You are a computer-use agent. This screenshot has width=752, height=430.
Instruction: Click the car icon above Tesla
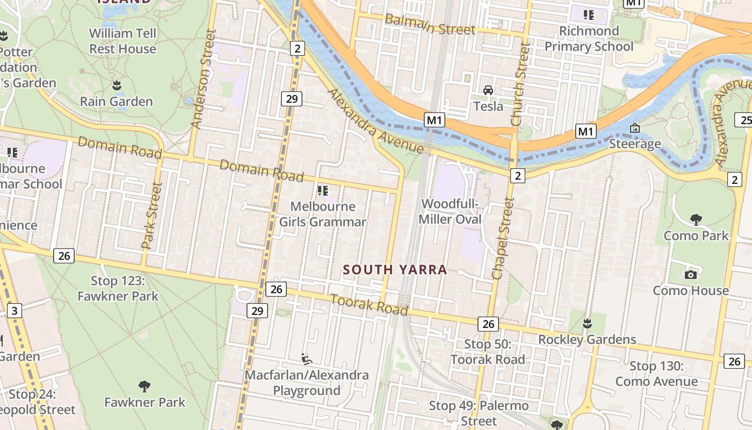488,90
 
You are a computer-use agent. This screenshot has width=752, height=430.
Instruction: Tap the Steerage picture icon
634,128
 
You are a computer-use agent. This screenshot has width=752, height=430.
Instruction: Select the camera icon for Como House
691,275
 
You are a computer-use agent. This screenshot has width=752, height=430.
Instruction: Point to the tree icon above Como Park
696,219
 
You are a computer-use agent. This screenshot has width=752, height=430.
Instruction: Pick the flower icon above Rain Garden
116,85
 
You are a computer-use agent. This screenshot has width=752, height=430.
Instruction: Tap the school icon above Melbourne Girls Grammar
322,190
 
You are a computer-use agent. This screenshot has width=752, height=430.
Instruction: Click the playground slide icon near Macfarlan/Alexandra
307,359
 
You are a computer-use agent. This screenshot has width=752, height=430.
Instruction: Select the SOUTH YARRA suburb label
395,270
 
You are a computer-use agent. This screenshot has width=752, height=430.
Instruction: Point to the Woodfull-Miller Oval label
450,212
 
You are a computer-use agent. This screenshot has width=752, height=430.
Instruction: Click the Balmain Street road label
430,24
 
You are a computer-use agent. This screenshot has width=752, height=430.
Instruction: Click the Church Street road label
521,83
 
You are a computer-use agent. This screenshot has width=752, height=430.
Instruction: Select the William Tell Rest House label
122,41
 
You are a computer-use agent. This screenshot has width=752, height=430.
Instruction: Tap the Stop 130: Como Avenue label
656,374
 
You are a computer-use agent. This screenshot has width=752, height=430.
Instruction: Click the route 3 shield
15,310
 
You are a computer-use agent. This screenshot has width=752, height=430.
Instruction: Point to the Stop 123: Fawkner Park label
118,288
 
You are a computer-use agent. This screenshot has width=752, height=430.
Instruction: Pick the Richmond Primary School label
589,39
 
